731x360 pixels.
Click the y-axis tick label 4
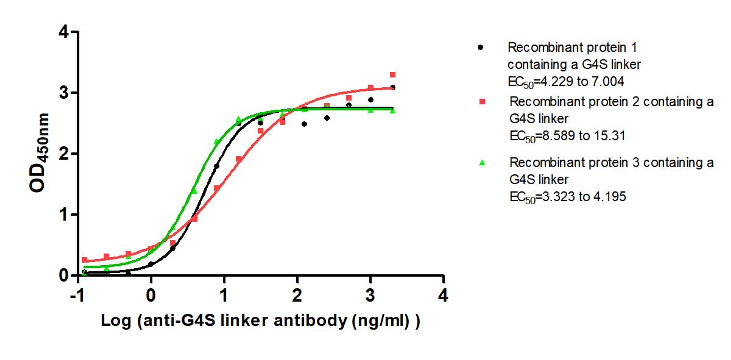64,32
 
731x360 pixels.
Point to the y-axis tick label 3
64,93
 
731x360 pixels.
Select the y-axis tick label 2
64,154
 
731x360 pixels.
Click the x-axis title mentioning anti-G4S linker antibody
260,321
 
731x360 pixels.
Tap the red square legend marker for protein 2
482,101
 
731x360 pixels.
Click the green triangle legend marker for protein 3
482,163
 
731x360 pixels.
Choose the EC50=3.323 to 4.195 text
567,197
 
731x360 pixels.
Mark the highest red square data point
393,75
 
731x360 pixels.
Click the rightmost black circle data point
393,87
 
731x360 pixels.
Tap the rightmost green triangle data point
393,111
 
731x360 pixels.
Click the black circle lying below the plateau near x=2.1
304,124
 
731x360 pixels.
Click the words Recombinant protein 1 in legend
572,47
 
